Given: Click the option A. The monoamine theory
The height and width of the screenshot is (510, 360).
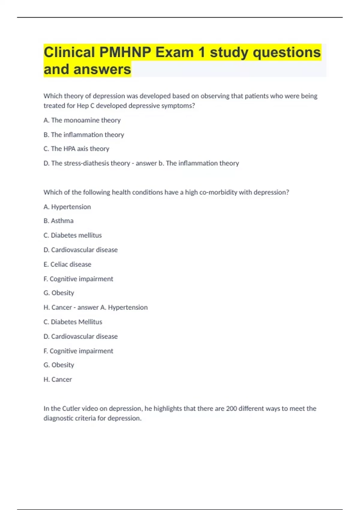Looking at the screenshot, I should [82, 120].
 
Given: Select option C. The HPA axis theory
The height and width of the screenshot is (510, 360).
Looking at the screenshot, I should [76, 149].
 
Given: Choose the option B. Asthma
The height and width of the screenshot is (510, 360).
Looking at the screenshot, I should [58, 221].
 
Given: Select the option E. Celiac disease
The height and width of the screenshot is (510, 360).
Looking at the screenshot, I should [67, 264].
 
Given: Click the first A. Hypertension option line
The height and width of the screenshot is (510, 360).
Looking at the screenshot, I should [67, 207].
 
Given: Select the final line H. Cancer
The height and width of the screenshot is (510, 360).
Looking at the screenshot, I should [58, 379].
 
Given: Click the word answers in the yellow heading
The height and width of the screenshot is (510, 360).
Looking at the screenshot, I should [102, 69].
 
